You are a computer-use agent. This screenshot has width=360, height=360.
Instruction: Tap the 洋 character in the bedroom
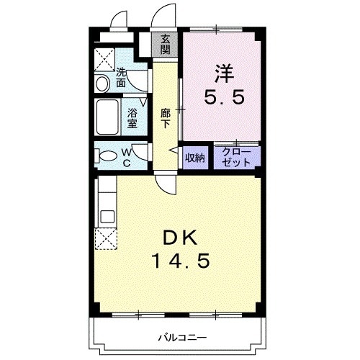pyautogui.click(x=222, y=72)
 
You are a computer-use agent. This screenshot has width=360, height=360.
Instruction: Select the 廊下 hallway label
pyautogui.click(x=166, y=117)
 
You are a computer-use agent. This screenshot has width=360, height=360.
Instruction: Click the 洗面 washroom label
pyautogui.click(x=122, y=77)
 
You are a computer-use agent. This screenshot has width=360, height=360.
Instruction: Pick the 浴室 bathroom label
pyautogui.click(x=132, y=117)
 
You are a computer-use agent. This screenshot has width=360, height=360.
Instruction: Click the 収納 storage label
pyautogui.click(x=195, y=158)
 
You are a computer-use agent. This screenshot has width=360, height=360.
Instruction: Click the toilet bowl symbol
pyautogui.click(x=105, y=156)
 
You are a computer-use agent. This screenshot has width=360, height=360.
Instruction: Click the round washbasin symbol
pyautogui.click(x=102, y=84)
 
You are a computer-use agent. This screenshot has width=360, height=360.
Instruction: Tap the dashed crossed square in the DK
pyautogui.click(x=105, y=238)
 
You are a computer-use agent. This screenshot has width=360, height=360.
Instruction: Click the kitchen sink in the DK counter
pyautogui.click(x=106, y=216)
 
